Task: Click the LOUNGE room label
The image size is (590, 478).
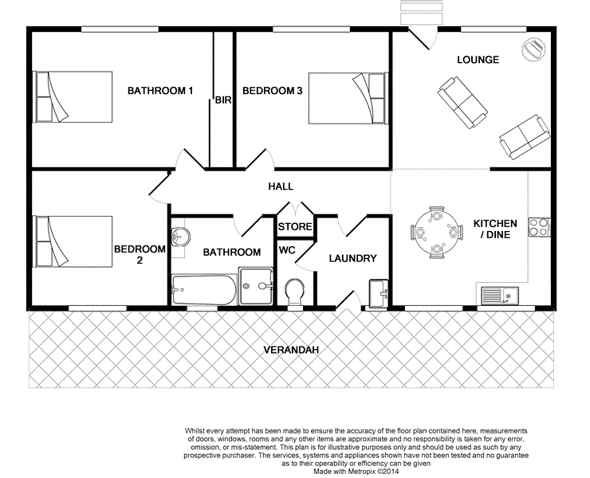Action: [x=478, y=60]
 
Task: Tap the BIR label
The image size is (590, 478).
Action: [x=222, y=100]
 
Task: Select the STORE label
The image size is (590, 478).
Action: [x=294, y=227]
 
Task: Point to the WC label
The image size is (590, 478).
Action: [x=287, y=250]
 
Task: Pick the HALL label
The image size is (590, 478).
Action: [x=280, y=186]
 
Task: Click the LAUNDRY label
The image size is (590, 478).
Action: [x=352, y=258]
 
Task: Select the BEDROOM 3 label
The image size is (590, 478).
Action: [x=272, y=91]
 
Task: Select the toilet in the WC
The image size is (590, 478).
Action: [x=294, y=291]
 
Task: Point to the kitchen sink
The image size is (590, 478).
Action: [x=498, y=296]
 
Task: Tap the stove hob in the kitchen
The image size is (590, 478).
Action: [x=540, y=225]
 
